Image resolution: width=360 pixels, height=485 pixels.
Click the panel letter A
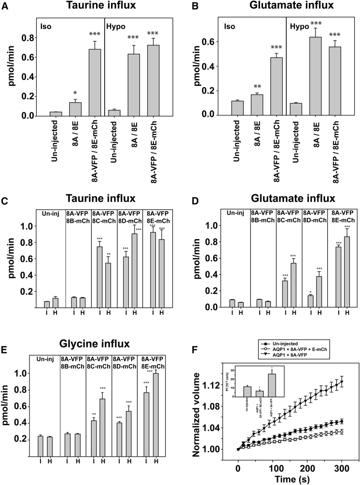coord(6,6)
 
